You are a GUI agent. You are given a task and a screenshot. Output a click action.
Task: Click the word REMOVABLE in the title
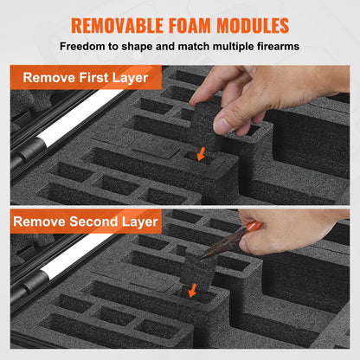click(x=118, y=25)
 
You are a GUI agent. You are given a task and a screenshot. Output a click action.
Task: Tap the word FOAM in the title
click(x=190, y=25)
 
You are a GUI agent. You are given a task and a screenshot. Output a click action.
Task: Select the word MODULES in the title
click(x=253, y=25)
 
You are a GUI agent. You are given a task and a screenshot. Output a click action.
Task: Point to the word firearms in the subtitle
click(x=278, y=46)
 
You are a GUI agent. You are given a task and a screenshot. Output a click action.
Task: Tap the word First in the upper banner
click(x=93, y=78)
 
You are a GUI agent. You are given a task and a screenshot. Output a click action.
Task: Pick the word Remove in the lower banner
click(x=39, y=222)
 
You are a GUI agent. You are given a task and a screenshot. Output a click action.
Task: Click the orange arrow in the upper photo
click(x=201, y=154)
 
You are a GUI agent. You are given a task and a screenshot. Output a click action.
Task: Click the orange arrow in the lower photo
click(x=192, y=290)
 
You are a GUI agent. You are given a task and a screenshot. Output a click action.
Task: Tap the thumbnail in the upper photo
click(x=222, y=125)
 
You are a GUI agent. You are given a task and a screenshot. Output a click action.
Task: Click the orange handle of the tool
click(x=253, y=226)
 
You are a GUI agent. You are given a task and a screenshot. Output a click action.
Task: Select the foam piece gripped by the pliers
click(x=196, y=272)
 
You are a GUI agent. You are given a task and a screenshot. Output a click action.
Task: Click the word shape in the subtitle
click(x=137, y=47)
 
